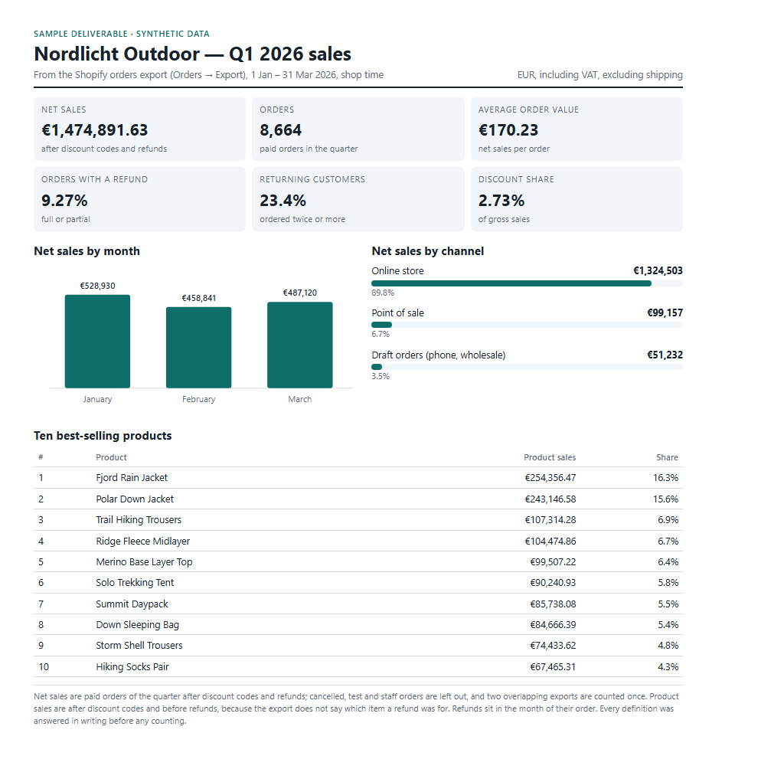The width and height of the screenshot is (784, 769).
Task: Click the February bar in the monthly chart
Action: tap(198, 347)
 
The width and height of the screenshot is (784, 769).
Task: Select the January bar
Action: tap(97, 341)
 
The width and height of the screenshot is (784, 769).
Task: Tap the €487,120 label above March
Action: tap(300, 293)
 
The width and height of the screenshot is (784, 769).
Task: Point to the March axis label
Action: tap(300, 399)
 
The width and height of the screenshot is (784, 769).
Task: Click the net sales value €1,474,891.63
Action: tap(95, 130)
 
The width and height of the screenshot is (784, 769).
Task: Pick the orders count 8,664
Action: tap(280, 130)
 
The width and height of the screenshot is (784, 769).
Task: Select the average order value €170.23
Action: tap(508, 130)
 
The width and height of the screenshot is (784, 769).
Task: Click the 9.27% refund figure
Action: tap(64, 201)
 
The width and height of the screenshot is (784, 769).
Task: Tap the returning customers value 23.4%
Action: tap(283, 201)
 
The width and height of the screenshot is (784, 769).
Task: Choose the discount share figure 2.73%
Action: tap(501, 201)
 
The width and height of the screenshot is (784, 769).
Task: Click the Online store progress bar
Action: tap(511, 283)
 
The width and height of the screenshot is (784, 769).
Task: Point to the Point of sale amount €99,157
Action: tap(665, 313)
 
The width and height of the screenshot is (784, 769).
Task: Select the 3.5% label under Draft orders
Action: tap(381, 376)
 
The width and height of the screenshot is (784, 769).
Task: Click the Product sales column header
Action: tap(550, 457)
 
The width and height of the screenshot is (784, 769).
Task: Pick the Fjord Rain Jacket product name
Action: tap(132, 478)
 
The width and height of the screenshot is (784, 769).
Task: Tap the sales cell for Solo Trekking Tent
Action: tap(553, 583)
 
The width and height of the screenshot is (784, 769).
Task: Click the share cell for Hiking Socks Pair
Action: tap(668, 667)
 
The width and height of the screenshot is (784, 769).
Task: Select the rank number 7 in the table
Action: tap(41, 604)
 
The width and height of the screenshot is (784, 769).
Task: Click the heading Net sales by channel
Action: tap(427, 251)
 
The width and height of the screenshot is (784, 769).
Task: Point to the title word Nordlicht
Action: tap(77, 54)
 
